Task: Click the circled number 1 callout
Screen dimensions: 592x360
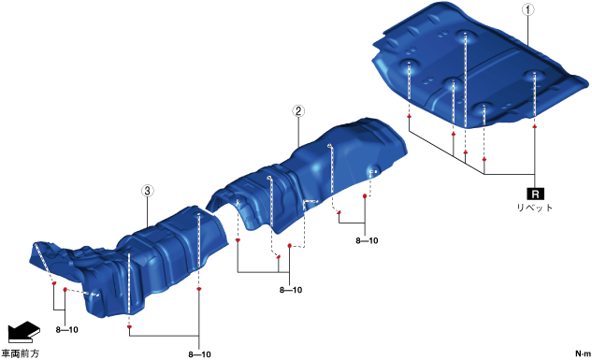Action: (527, 9)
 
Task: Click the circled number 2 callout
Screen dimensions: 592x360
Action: (298, 111)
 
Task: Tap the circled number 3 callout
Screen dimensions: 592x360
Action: (147, 191)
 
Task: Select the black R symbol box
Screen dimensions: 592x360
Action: (535, 194)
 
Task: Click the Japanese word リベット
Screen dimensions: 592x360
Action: (535, 208)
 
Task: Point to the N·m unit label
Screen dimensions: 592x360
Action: (583, 353)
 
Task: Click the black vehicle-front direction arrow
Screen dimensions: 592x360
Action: (24, 332)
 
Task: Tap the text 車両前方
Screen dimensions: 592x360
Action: (20, 353)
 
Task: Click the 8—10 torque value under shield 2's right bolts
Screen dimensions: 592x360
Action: (367, 240)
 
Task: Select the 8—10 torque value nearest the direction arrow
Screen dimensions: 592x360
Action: (66, 330)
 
